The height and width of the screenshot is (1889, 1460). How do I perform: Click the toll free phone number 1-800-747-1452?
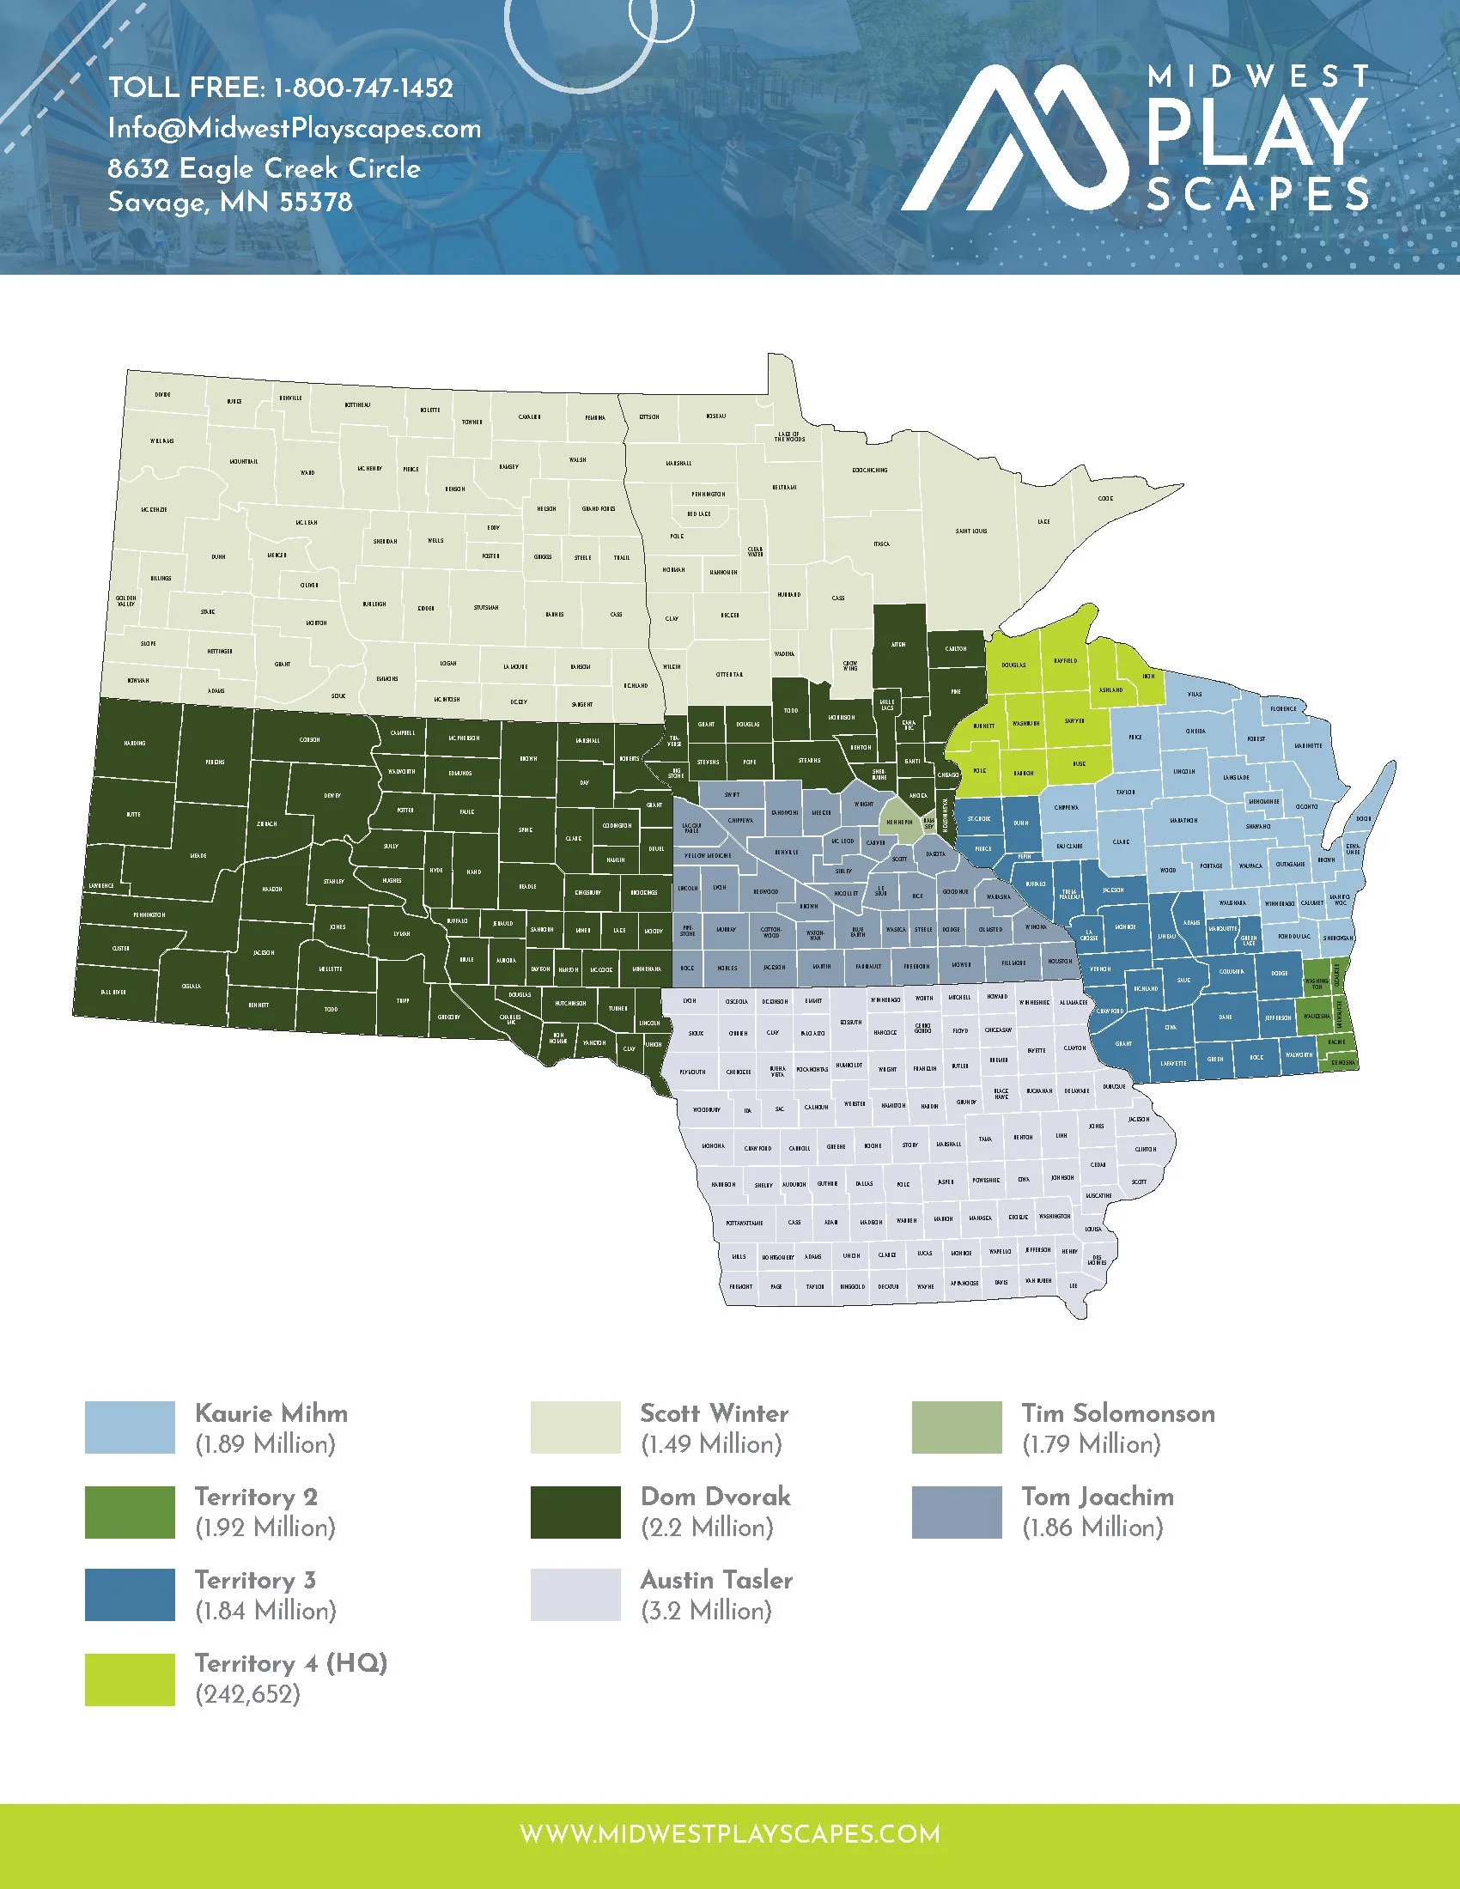tap(362, 88)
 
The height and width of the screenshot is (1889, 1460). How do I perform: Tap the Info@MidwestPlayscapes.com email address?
tap(294, 129)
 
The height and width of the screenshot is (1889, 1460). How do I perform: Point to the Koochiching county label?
tap(869, 471)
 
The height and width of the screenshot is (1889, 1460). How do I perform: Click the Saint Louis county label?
tap(971, 531)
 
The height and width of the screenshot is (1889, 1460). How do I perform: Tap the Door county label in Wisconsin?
tap(1364, 818)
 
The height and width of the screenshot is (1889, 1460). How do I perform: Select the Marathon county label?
tap(1183, 820)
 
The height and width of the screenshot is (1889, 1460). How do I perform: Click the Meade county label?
tap(198, 855)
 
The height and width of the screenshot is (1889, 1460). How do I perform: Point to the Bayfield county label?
tap(1065, 661)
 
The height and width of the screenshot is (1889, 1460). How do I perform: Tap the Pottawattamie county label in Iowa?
tap(744, 1223)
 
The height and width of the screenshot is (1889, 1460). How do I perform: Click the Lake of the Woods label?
tap(788, 438)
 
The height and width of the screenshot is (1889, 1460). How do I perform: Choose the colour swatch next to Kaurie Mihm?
tap(130, 1427)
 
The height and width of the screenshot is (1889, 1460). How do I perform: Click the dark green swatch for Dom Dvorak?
tap(575, 1511)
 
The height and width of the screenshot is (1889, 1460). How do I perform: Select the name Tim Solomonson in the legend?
tap(1117, 1413)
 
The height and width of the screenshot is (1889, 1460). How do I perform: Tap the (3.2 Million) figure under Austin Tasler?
tap(706, 1611)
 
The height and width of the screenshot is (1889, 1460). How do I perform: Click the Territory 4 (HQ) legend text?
tap(290, 1663)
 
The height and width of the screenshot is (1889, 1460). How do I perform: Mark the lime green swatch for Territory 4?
tap(130, 1679)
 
